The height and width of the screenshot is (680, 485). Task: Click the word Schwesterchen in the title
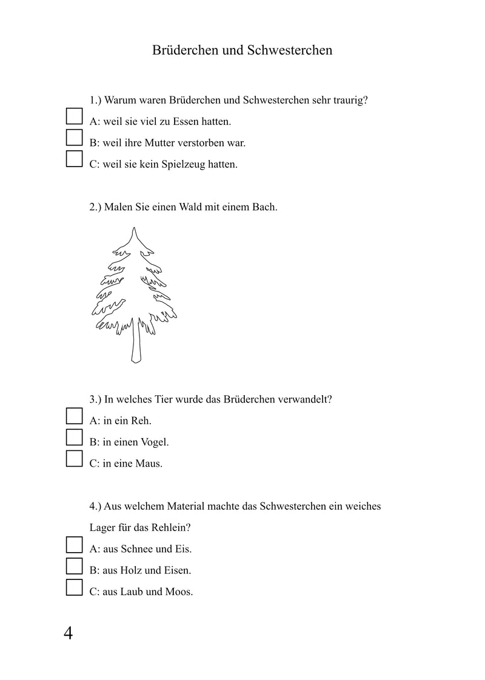click(290, 50)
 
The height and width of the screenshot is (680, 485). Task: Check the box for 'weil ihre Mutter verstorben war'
click(74, 138)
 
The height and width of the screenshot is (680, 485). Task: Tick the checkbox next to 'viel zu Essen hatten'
click(74, 116)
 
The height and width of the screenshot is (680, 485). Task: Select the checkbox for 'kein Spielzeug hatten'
click(74, 159)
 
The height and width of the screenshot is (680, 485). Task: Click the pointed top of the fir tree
click(135, 230)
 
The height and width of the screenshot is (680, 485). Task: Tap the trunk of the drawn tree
click(136, 345)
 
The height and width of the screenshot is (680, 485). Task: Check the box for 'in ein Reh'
click(74, 416)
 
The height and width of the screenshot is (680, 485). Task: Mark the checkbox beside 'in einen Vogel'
click(74, 437)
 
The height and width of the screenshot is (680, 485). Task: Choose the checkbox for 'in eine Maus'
click(74, 458)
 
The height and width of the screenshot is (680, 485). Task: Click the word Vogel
click(154, 442)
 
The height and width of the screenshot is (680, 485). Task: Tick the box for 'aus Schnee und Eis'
click(74, 544)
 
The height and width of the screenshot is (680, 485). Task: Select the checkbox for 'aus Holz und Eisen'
click(74, 565)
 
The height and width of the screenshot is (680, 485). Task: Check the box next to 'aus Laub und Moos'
click(74, 587)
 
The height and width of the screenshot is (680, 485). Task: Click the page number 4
click(68, 634)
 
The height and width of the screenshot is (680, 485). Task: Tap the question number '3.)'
click(96, 399)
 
